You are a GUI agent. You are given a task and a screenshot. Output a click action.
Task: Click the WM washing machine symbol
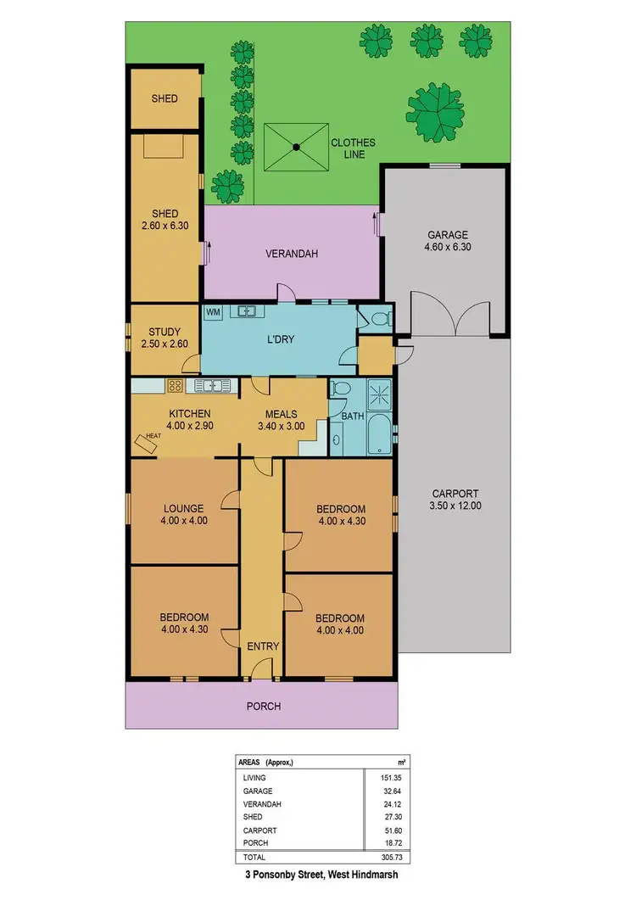point(213,312)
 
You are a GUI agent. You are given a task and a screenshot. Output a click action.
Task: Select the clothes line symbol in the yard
point(296,148)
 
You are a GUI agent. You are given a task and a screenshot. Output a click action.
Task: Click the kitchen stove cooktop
point(175,386)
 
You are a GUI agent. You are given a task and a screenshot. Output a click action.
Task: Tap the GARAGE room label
point(447,235)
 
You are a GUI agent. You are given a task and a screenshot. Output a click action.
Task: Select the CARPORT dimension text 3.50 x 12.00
point(455,506)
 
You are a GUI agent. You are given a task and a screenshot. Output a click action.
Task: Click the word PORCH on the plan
point(263,706)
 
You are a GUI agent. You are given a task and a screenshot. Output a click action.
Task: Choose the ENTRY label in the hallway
point(263,646)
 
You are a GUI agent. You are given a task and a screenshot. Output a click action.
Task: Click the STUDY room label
point(164,332)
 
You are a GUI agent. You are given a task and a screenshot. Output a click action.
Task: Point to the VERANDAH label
point(291,254)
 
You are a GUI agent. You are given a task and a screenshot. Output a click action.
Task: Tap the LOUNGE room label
point(185,509)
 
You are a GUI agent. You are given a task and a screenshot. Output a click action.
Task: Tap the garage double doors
point(455,313)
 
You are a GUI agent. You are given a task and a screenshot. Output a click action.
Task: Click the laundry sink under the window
point(247,311)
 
